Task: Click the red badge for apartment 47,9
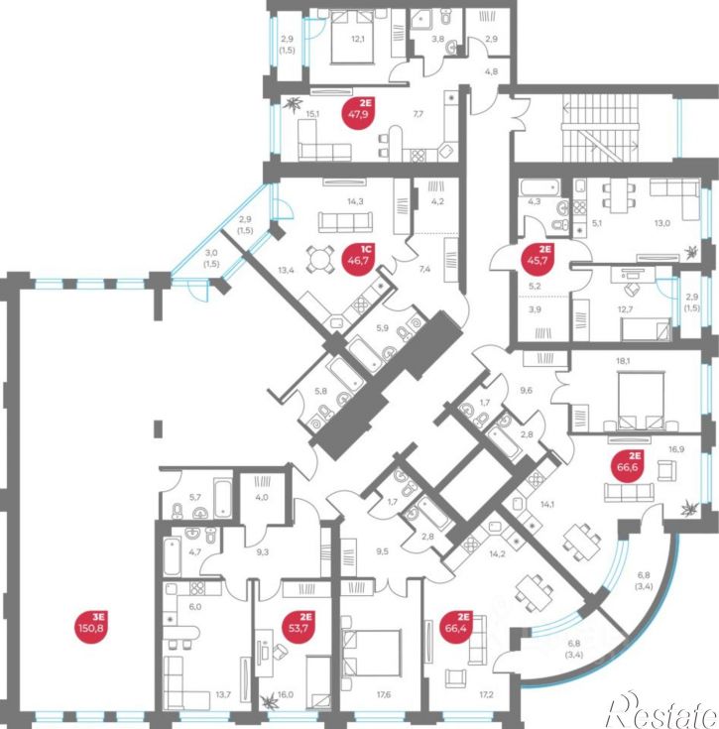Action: tap(358, 113)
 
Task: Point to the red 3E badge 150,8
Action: tap(91, 628)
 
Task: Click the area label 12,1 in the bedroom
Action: tap(358, 39)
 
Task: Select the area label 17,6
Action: tap(384, 694)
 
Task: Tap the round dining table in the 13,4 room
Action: tap(320, 259)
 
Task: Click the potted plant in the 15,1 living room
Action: tap(295, 104)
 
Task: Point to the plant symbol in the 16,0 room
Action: tap(269, 699)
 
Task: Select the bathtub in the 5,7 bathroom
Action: tap(223, 498)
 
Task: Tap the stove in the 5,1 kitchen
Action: tap(579, 207)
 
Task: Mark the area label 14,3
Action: tap(355, 201)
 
